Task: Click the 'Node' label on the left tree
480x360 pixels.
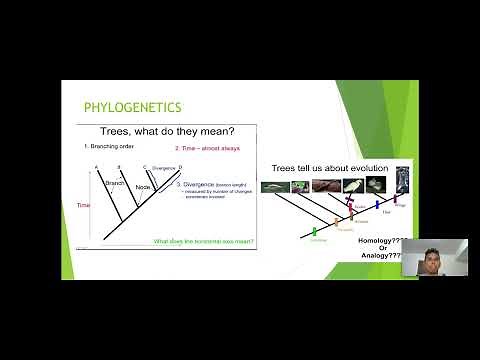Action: [144, 187]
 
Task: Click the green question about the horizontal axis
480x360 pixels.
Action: [203, 241]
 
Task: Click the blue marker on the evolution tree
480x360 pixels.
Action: [379, 205]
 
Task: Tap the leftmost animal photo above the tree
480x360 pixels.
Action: [272, 187]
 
